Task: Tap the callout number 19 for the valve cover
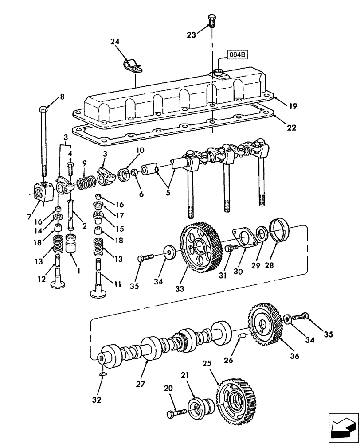[293, 106]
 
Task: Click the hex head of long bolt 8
[43, 109]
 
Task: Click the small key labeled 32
[103, 375]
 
